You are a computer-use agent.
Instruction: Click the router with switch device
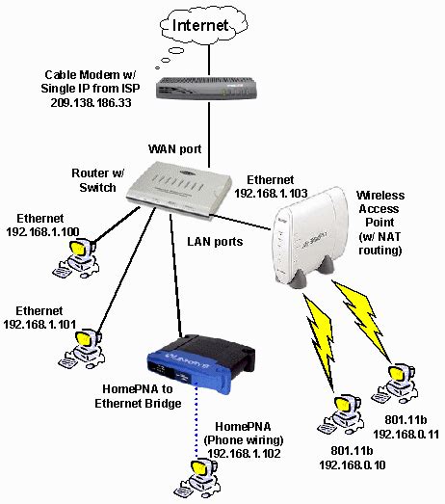[181, 185]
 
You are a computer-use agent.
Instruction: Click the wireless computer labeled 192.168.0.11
[395, 379]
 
